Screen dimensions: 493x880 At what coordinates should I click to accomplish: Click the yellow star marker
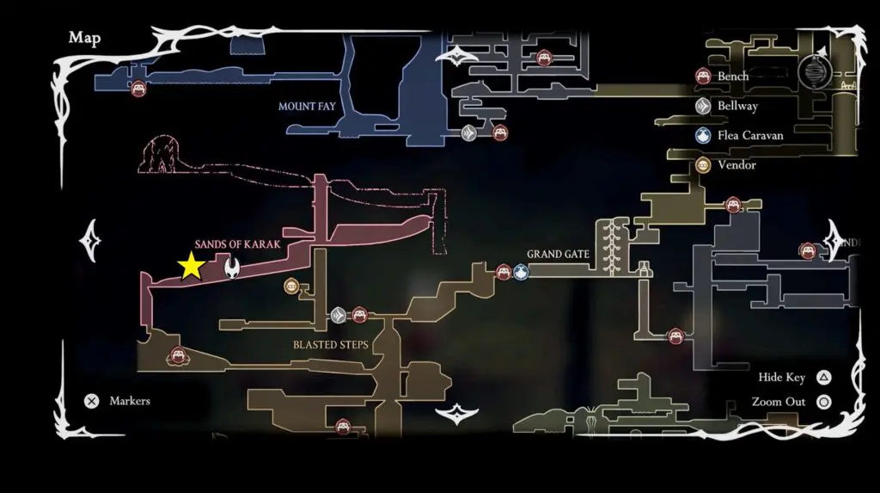(190, 267)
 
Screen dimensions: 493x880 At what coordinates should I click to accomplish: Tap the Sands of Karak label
(237, 244)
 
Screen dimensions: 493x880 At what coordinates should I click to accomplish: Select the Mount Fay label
(306, 107)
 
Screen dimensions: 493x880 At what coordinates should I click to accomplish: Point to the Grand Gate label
(558, 255)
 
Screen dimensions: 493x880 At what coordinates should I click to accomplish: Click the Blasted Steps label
(330, 345)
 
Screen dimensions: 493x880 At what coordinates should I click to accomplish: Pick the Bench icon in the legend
(703, 77)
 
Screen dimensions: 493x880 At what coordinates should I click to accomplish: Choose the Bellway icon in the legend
(703, 106)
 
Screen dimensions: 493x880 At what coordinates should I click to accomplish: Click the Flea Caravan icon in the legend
(703, 135)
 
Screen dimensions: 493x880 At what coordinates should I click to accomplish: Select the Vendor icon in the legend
(703, 165)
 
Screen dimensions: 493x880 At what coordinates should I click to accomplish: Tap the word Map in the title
(84, 37)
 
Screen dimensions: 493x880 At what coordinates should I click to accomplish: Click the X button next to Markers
(92, 401)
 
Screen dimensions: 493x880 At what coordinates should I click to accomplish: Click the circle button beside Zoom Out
(823, 402)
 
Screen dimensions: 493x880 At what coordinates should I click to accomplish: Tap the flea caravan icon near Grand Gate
(522, 273)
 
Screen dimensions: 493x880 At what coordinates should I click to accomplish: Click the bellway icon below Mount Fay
(468, 133)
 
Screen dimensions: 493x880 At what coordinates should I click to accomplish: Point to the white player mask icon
(232, 268)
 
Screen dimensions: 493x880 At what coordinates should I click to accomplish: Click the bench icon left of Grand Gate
(504, 273)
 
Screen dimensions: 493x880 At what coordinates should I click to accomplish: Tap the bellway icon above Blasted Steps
(339, 316)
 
